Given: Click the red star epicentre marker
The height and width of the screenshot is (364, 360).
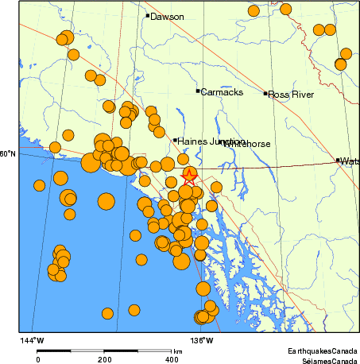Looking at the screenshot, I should (x=190, y=176).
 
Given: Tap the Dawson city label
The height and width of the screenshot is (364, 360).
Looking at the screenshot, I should (x=167, y=17).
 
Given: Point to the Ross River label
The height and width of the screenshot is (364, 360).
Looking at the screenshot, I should (x=291, y=95).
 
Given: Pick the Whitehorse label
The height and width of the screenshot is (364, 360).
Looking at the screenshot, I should (x=247, y=144).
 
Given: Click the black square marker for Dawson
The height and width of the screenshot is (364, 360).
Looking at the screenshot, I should (x=147, y=15).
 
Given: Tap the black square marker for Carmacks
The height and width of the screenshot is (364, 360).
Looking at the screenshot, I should (x=198, y=91).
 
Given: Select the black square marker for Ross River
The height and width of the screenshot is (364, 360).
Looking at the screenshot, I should (x=265, y=94).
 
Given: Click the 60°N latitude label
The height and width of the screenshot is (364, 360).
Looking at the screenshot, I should (x=8, y=154).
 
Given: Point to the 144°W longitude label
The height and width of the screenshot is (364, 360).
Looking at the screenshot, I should (x=33, y=341).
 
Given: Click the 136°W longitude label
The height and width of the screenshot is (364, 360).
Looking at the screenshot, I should (x=203, y=341).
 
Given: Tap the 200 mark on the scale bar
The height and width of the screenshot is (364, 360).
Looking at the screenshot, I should (x=104, y=359).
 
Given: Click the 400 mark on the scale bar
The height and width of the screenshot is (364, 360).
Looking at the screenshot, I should (x=172, y=359).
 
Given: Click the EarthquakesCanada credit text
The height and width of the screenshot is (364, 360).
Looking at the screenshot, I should (x=323, y=350).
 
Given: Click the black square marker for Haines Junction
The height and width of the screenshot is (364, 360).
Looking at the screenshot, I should (x=175, y=141).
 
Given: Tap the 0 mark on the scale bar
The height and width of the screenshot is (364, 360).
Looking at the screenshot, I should (x=38, y=359).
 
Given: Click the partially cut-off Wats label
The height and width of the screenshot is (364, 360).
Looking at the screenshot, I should (x=350, y=161).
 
